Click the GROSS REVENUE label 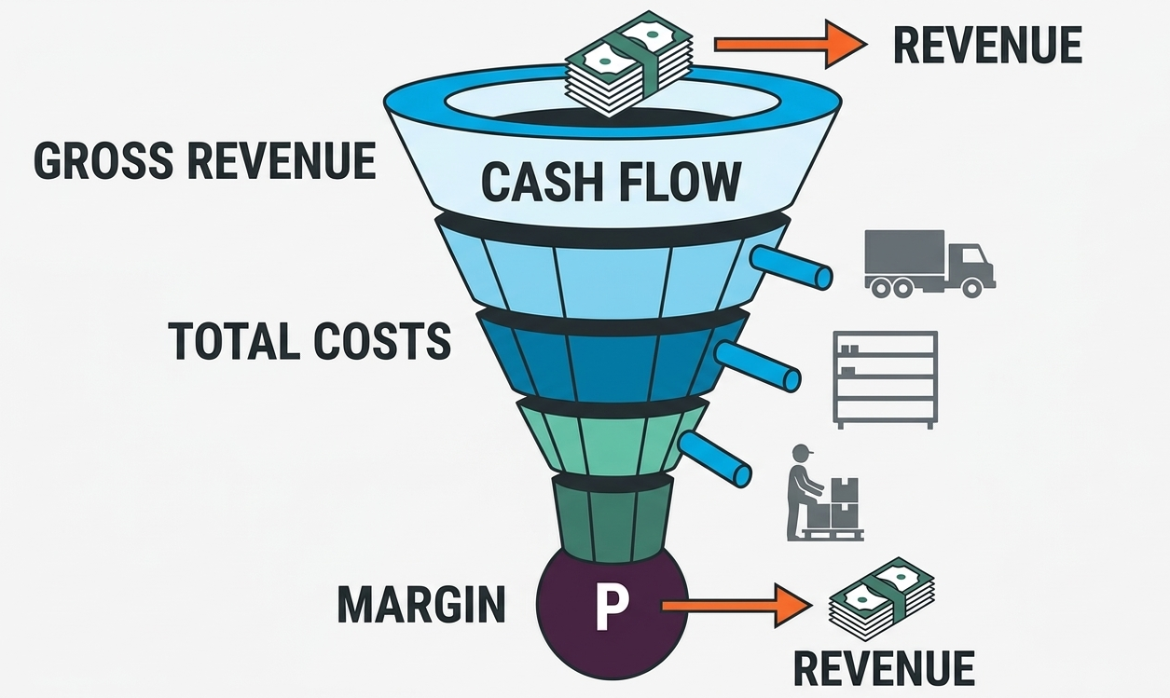tap(205, 161)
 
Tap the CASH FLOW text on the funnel tap(612, 181)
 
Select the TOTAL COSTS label tap(310, 341)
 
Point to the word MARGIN tap(421, 605)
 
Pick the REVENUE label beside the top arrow tap(987, 46)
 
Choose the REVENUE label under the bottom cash tap(883, 667)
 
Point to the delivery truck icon tap(929, 263)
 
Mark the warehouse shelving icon tap(884, 378)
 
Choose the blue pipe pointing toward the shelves tap(757, 365)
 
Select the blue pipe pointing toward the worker tap(716, 458)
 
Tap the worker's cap tap(803, 451)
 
